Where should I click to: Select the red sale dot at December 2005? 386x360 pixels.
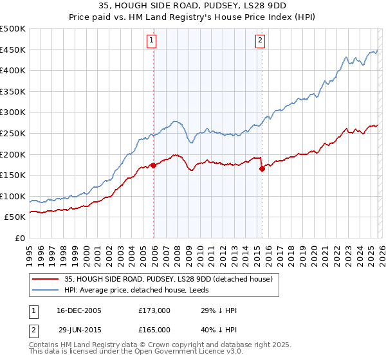tap(153, 165)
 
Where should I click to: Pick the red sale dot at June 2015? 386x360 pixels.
tap(262, 168)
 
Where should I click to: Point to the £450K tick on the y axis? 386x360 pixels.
tap(14, 50)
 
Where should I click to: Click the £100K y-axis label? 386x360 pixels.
tap(14, 196)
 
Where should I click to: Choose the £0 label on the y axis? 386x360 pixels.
tap(19, 238)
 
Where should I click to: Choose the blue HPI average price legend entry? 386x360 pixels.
tap(142, 290)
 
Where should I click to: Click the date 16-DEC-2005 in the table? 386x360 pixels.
tap(78, 310)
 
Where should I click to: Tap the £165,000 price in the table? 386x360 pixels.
tap(154, 329)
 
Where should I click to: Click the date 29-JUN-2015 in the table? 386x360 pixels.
tap(78, 329)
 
